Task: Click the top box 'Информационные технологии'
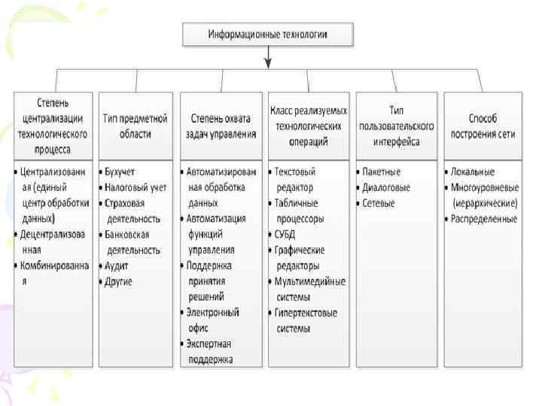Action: (268, 34)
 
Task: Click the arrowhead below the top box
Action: (268, 64)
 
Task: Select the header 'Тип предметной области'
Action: (135, 126)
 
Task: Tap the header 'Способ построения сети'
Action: (483, 126)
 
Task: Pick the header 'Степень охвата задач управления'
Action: (222, 126)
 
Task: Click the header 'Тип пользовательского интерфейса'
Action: (396, 126)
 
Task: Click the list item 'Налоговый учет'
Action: (137, 188)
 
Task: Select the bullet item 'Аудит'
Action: (119, 266)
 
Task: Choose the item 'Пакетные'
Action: (382, 172)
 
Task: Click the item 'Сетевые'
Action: (379, 204)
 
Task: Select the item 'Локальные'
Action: (473, 172)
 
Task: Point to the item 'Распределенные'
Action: (485, 219)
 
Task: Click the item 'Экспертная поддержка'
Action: (214, 352)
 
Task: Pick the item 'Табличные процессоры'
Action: (300, 211)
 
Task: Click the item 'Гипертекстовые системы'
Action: (306, 320)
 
